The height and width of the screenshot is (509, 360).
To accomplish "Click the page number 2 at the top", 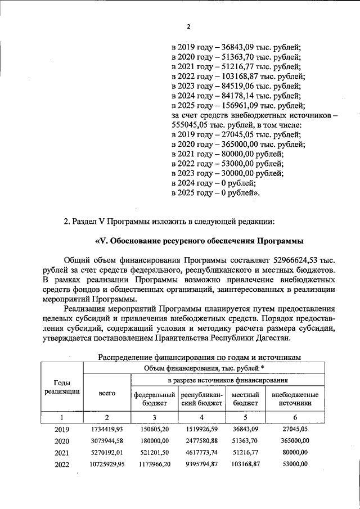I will coord(189,26).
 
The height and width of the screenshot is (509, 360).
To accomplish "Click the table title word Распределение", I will coord(126,357).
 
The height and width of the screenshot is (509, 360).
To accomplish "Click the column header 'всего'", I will coord(107,394).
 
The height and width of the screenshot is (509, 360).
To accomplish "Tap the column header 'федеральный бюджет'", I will coord(154,399).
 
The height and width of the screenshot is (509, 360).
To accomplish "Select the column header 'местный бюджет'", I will coord(246,399).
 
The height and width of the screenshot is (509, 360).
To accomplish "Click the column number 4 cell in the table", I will coord(201,417).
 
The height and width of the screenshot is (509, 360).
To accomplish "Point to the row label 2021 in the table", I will coord(62,452).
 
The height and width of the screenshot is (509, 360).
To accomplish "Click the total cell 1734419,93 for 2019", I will coord(107,430).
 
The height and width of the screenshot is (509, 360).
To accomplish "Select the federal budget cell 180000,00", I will coord(154,441).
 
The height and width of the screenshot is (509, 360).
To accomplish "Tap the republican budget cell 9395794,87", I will coord(201,464).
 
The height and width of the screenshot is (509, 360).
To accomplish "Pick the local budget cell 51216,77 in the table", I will coord(246,452).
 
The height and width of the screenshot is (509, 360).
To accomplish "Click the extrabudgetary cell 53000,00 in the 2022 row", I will coord(295,464).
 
